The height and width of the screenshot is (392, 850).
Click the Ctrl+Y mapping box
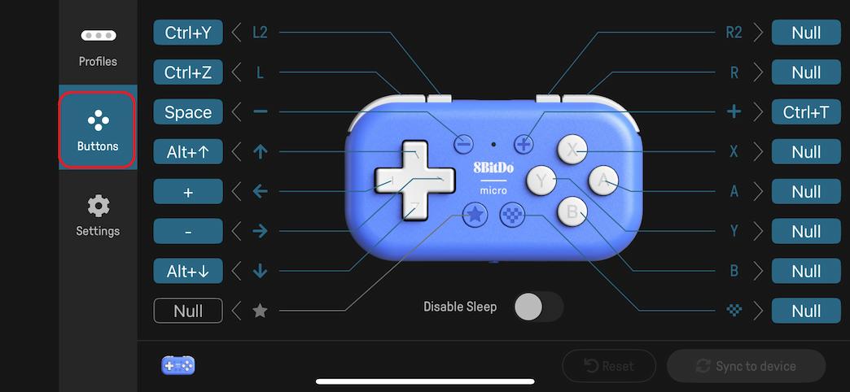click(187, 33)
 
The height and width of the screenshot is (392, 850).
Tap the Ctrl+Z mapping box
click(187, 72)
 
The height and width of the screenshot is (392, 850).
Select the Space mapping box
click(187, 112)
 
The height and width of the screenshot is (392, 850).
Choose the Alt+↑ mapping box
click(187, 151)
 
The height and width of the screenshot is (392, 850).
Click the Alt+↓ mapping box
click(187, 271)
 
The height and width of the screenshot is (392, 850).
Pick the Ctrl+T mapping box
click(805, 112)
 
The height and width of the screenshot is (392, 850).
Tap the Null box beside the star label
click(187, 311)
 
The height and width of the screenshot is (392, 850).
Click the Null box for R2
click(805, 33)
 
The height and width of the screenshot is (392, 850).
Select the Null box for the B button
click(805, 271)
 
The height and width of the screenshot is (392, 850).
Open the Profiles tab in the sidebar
click(98, 48)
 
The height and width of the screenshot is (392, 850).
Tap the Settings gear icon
click(98, 206)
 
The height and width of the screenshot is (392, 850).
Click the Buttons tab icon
click(98, 122)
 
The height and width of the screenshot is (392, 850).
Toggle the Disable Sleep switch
click(538, 307)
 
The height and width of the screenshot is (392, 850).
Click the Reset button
click(609, 366)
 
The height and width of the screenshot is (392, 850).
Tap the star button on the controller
click(475, 216)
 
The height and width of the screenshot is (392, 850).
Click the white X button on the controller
click(572, 149)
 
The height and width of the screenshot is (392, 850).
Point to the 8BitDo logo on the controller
click(493, 169)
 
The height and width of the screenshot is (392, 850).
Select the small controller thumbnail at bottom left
click(178, 365)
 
